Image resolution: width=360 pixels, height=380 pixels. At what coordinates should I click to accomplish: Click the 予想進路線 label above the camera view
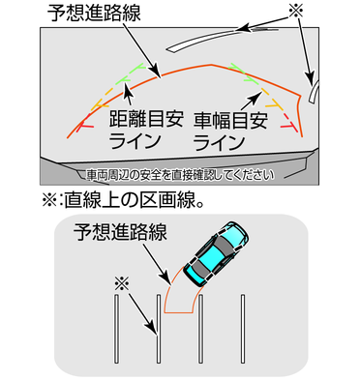pos(94,14)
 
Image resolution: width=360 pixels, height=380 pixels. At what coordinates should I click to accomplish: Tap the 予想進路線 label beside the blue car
pos(120,232)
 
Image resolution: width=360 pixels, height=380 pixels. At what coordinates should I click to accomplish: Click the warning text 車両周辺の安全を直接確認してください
pos(180,175)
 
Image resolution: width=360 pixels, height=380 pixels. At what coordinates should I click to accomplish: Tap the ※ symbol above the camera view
pos(296,12)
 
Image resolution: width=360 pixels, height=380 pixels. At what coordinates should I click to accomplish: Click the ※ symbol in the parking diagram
pos(122,284)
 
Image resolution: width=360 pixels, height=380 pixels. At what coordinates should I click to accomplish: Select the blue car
pos(216,253)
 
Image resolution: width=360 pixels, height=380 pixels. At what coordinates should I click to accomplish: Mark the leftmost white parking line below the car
pos(116,329)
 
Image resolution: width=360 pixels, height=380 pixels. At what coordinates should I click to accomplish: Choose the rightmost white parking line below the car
pos(243,329)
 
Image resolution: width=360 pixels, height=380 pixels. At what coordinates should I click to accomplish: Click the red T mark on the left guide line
pos(85,124)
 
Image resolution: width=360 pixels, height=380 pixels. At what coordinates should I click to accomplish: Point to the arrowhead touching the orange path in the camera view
pos(155,72)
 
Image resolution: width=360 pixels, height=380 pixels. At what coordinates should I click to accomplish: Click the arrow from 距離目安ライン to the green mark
pos(129,94)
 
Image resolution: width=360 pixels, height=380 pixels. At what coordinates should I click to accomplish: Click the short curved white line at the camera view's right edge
pos(313,91)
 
